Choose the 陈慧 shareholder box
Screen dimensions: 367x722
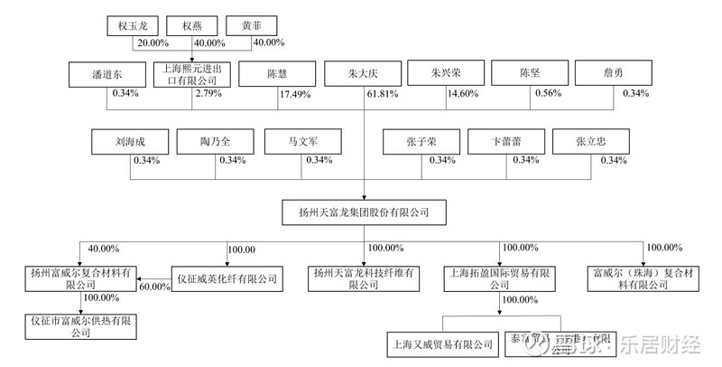point(276,73)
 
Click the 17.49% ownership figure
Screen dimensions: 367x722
point(294,94)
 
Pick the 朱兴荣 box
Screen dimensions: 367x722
point(446,73)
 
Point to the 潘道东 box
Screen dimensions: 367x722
point(106,73)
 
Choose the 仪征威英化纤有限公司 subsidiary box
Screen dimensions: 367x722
point(226,279)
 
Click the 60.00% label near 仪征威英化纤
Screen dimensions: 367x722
point(155,287)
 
